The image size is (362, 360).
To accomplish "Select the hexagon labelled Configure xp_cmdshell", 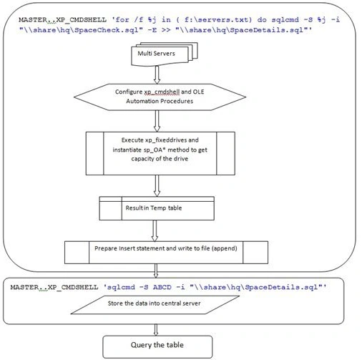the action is point(160,97).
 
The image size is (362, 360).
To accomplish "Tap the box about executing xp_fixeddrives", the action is point(160,153).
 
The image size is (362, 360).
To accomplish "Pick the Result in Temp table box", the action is point(157,208).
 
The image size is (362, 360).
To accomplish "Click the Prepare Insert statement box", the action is point(166,253).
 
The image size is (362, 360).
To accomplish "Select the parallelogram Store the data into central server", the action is point(155,305).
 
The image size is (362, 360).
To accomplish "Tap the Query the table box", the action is point(157,347).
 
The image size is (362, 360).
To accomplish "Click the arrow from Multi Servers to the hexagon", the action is point(157,74).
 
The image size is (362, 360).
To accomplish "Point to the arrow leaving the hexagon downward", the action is point(157,121).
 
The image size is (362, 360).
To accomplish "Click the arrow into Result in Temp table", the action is point(157,185).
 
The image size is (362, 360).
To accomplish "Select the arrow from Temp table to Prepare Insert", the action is point(155,230).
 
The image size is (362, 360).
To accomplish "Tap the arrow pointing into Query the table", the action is point(156,330).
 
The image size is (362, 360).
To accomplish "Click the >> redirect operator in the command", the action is point(166,30).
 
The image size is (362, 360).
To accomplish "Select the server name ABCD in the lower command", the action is point(162,287).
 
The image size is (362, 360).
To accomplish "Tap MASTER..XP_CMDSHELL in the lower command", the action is point(54,287).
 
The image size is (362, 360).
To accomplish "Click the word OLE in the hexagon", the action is point(198,92).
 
